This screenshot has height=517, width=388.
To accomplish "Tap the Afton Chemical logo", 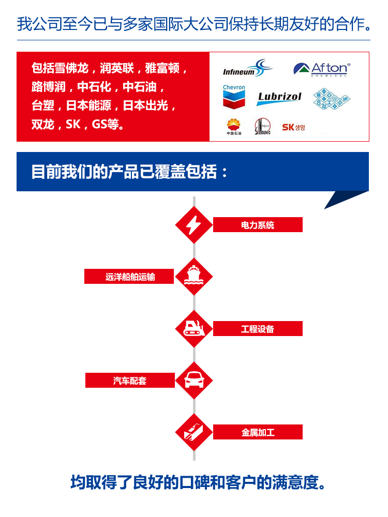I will [x=322, y=69].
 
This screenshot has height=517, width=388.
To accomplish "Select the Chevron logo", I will [x=234, y=97].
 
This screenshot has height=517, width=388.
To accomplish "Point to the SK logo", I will [x=293, y=127].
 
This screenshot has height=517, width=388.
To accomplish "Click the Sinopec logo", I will [x=262, y=127].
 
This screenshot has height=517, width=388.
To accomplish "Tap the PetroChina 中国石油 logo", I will [x=234, y=127].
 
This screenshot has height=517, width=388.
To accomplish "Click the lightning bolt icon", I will [x=194, y=225].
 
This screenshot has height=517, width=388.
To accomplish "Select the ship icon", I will [x=194, y=276].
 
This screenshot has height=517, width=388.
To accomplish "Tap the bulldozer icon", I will [x=194, y=328].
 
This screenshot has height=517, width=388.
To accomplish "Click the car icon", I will [x=194, y=381].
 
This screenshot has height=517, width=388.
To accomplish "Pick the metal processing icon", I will [x=194, y=432].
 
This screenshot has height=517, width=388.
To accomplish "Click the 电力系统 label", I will [x=258, y=225].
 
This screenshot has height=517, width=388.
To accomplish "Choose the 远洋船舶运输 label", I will [x=130, y=277].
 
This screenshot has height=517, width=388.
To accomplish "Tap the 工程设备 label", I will [x=258, y=329].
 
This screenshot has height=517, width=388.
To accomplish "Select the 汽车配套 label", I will [x=130, y=381].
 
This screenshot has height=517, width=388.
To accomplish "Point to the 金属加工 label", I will [x=258, y=432].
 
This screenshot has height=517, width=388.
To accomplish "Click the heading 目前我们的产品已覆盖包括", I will [x=129, y=172].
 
